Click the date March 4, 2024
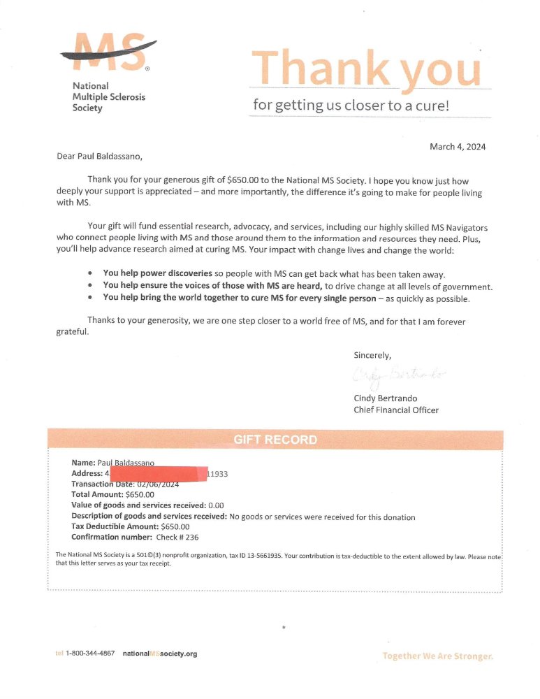click(x=458, y=147)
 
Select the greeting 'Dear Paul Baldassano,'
click(x=103, y=157)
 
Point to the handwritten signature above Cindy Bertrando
click(x=398, y=376)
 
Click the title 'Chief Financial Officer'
click(x=396, y=410)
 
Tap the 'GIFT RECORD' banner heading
click(x=275, y=440)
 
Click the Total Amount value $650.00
click(x=140, y=495)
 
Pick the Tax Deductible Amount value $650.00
click(x=175, y=527)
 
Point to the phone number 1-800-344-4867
click(x=90, y=654)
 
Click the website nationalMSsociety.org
click(x=160, y=654)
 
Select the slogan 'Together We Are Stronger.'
click(x=437, y=656)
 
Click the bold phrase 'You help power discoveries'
click(x=157, y=274)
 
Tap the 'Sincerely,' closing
click(x=372, y=355)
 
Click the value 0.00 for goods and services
click(x=216, y=505)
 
